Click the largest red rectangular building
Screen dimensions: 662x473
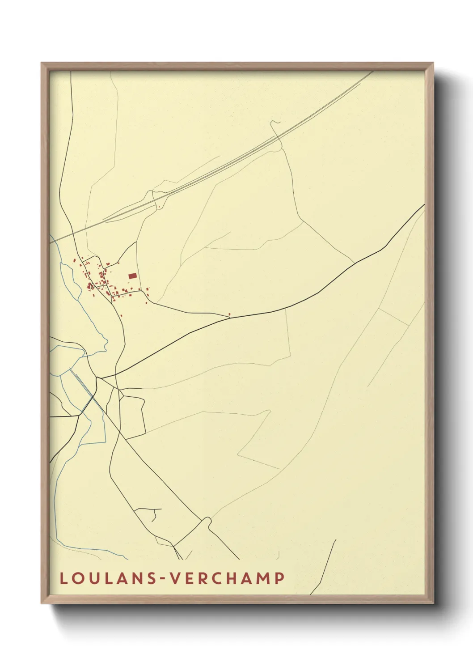(132, 276)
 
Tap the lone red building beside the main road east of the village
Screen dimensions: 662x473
(229, 314)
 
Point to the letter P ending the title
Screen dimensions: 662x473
(279, 578)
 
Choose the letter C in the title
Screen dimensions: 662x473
(212, 578)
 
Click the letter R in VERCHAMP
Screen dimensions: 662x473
(200, 578)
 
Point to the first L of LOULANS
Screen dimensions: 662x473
(63, 578)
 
